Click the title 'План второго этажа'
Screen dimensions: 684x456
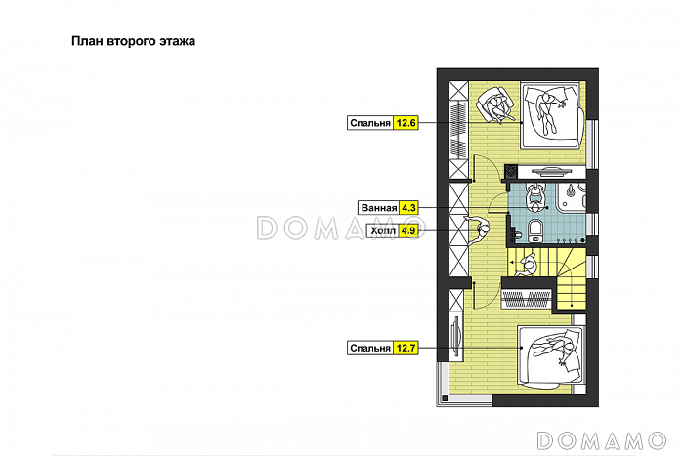point(133,41)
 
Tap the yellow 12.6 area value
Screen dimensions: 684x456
point(406,123)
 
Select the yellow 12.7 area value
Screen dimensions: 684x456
point(406,348)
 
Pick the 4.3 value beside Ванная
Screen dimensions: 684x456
point(408,208)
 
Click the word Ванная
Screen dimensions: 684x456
point(379,208)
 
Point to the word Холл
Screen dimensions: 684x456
point(383,230)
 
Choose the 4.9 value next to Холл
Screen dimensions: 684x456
point(408,230)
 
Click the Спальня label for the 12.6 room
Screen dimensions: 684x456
point(370,123)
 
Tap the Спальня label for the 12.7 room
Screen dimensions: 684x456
point(370,349)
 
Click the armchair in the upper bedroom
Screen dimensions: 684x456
point(495,105)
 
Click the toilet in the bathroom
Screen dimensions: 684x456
point(534,230)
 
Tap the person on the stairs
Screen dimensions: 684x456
point(528,265)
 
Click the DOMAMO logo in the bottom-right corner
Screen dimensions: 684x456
point(602,440)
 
